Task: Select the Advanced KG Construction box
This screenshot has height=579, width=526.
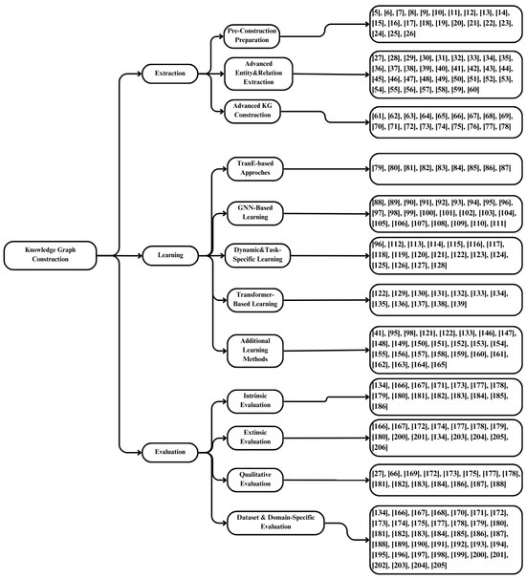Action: pos(252,111)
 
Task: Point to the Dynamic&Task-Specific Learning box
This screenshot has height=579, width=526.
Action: pos(252,254)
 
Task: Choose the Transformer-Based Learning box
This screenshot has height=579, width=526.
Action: pos(252,298)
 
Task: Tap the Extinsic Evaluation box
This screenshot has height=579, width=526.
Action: pos(252,438)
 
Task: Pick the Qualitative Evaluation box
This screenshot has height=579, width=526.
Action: pos(252,480)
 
